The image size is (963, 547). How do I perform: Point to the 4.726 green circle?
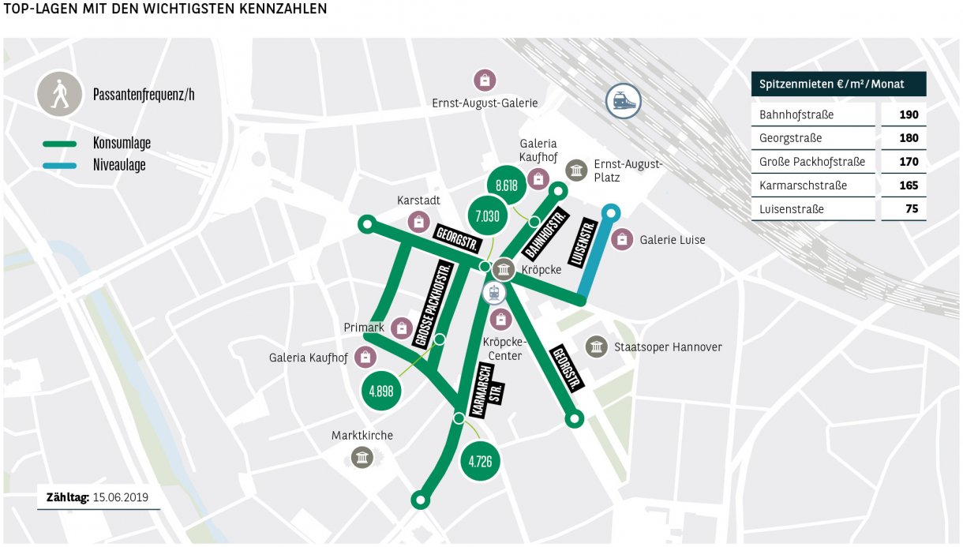pyautogui.click(x=480, y=461)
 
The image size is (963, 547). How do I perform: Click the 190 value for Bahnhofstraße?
pyautogui.click(x=908, y=115)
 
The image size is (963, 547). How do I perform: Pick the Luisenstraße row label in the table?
pyautogui.click(x=792, y=210)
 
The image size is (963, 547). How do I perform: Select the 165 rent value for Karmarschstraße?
pyautogui.click(x=908, y=186)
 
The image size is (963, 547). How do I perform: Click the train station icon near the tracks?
pyautogui.click(x=623, y=102)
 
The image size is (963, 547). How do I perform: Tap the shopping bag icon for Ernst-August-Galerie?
pyautogui.click(x=484, y=80)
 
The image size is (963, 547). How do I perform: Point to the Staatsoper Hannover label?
pyautogui.click(x=668, y=347)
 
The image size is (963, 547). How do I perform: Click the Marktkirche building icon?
pyautogui.click(x=362, y=457)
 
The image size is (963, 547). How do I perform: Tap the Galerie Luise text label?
pyautogui.click(x=673, y=240)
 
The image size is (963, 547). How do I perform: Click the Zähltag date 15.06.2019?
pyautogui.click(x=120, y=498)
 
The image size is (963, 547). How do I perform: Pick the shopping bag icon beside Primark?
pyautogui.click(x=402, y=328)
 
